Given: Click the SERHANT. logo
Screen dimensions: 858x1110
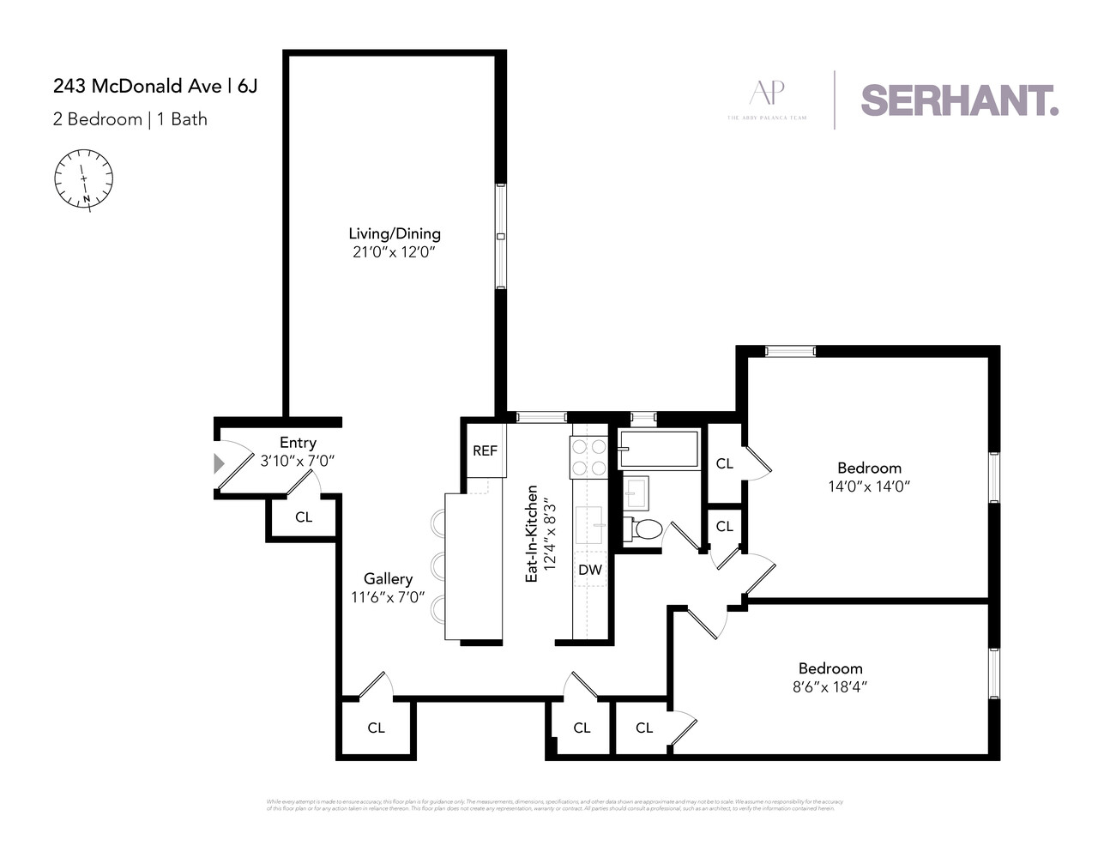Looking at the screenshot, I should click(x=959, y=100).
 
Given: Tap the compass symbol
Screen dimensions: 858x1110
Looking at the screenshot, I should click(x=84, y=178).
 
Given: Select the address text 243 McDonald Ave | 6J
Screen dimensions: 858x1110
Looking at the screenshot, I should click(x=155, y=86).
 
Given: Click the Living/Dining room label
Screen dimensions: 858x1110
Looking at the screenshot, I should click(x=394, y=233).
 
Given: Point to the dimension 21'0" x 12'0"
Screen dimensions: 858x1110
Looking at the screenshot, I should click(x=394, y=252).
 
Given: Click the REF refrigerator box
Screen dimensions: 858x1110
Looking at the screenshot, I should click(x=485, y=450).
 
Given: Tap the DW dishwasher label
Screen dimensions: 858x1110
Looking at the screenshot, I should click(x=589, y=570).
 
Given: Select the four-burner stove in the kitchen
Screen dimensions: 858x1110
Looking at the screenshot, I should click(x=588, y=456).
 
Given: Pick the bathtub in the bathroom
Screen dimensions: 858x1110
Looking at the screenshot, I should click(x=658, y=449).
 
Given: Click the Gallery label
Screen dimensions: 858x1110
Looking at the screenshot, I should click(x=388, y=579).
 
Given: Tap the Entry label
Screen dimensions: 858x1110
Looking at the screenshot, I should click(x=298, y=443).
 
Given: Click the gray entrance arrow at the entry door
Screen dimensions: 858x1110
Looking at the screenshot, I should click(x=219, y=464).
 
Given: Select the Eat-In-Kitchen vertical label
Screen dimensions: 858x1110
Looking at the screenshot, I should click(x=532, y=534).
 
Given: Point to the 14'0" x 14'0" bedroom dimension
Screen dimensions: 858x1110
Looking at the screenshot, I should click(x=869, y=486).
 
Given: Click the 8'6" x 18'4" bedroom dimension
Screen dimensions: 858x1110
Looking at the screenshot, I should click(x=829, y=687).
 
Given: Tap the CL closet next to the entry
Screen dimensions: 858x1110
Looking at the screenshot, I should click(x=304, y=517).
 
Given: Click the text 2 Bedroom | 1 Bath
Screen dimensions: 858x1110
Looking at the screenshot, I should click(x=130, y=119).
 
